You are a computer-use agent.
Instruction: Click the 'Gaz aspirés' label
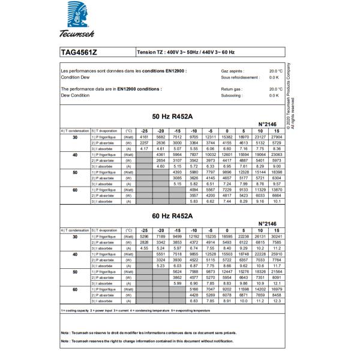pos(223,71)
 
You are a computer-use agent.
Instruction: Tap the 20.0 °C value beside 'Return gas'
pos(275,88)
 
